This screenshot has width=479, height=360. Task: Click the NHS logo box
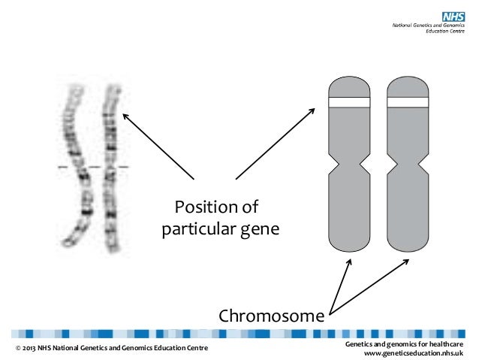coord(453,16)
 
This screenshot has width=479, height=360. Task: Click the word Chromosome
coord(271,315)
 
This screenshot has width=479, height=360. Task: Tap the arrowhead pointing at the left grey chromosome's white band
coord(313,110)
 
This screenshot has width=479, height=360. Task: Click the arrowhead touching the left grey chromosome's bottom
coord(349,262)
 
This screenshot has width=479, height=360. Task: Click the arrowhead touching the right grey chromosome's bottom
coord(406,262)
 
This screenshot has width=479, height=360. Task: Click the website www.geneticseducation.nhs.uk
coord(414,353)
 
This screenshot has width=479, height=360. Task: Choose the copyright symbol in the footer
coord(19,349)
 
